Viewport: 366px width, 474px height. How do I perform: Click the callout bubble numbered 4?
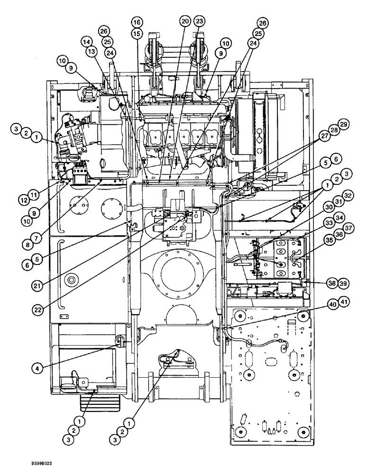coord(36,367)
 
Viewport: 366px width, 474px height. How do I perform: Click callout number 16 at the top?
coord(137,22)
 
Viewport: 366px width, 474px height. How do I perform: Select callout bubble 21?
coord(36,285)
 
